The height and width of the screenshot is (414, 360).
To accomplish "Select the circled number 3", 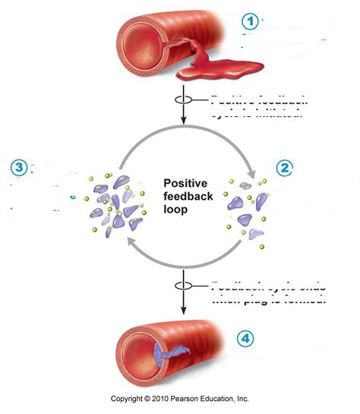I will pos(20,168).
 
